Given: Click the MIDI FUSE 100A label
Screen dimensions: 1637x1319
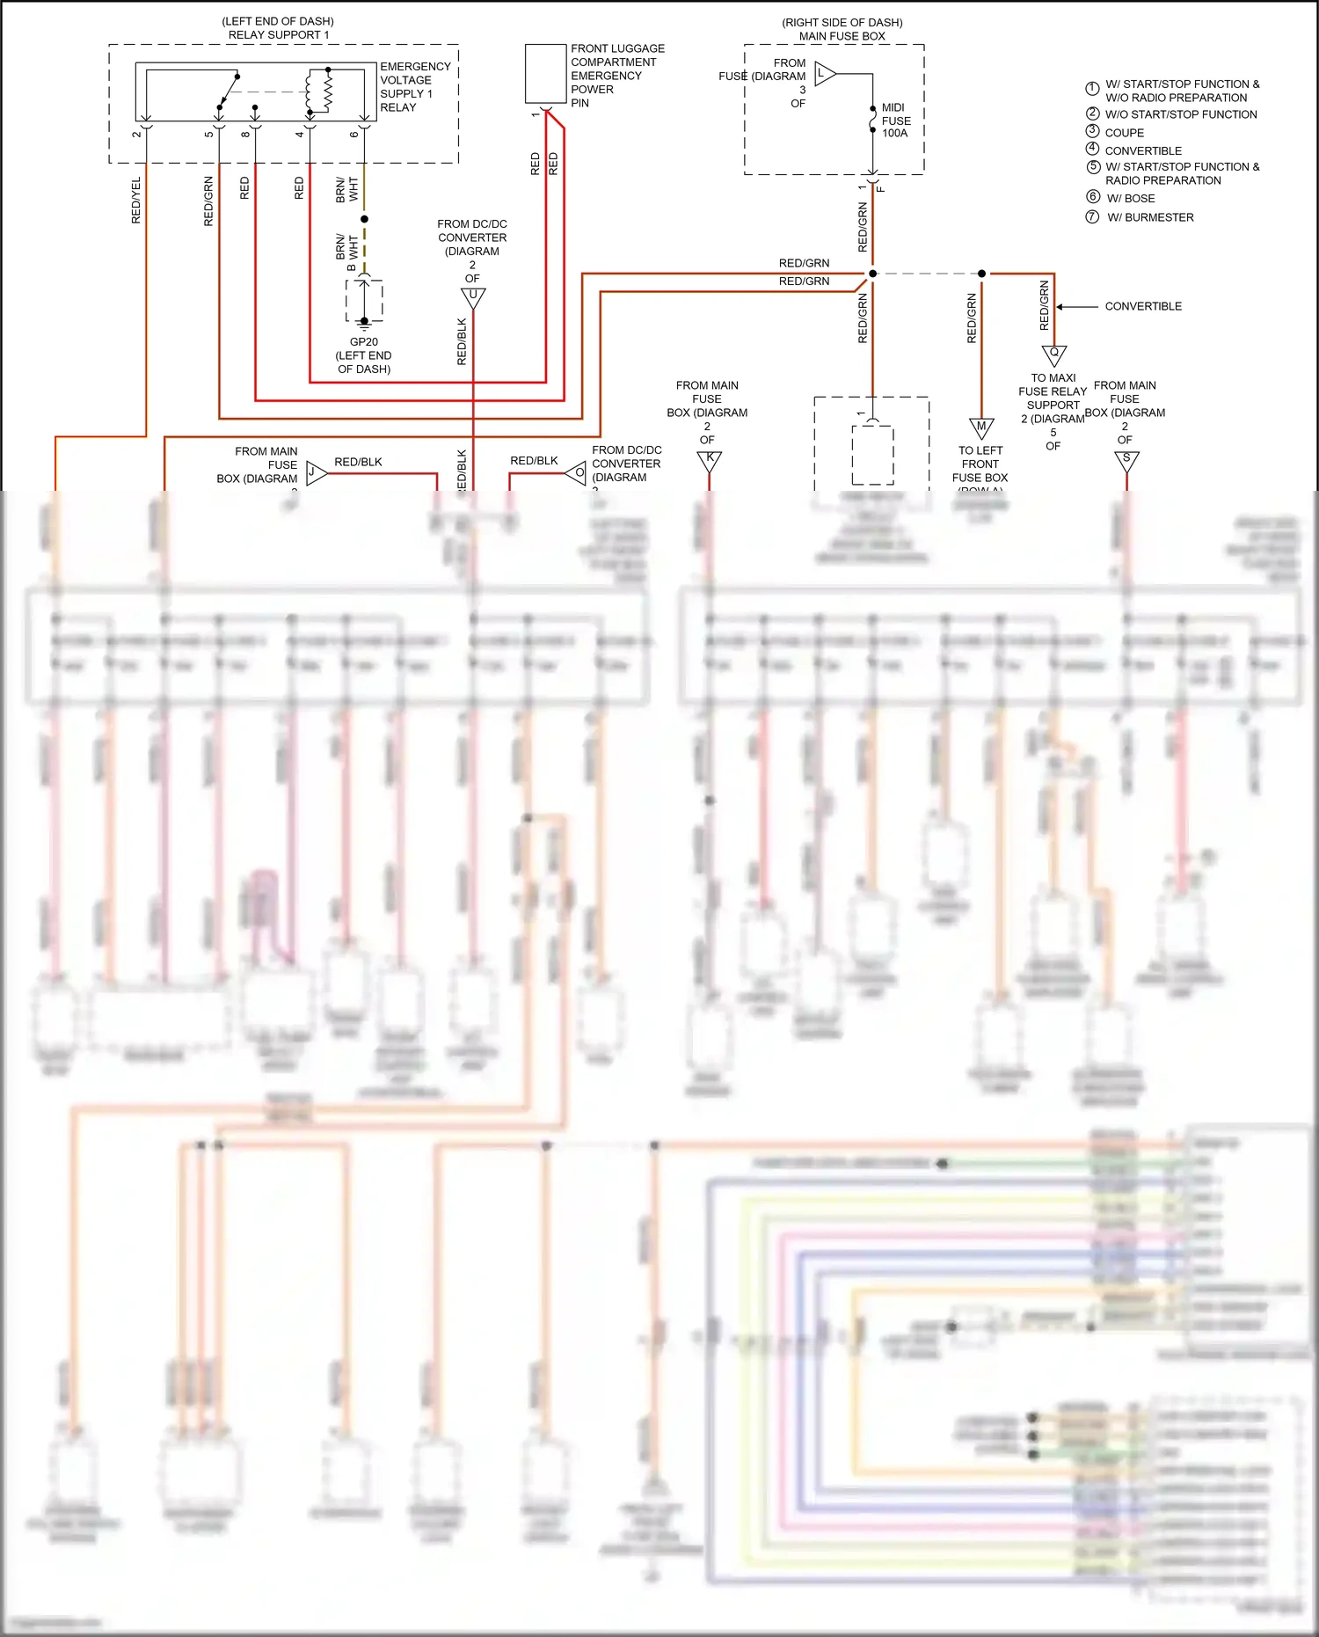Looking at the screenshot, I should pyautogui.click(x=896, y=121).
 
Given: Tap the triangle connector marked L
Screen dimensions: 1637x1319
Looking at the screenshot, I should pyautogui.click(x=824, y=74).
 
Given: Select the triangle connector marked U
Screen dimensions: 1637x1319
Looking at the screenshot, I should pyautogui.click(x=473, y=297).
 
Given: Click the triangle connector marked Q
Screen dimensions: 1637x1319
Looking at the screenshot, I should pyautogui.click(x=1054, y=354).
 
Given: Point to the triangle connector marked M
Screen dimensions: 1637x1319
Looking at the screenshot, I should pyautogui.click(x=981, y=428).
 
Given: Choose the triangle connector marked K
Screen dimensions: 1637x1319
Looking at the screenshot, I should pyautogui.click(x=710, y=460).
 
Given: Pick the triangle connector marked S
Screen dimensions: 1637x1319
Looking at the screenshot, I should pyautogui.click(x=1126, y=460).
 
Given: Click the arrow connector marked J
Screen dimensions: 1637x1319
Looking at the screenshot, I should pyautogui.click(x=315, y=473).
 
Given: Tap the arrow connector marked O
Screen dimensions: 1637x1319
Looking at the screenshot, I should pyautogui.click(x=576, y=473).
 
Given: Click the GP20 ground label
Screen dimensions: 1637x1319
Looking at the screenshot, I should pyautogui.click(x=363, y=342).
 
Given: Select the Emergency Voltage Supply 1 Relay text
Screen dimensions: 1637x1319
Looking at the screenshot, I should pyautogui.click(x=415, y=86).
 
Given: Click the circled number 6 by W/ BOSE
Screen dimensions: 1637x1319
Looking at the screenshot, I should pyautogui.click(x=1093, y=197).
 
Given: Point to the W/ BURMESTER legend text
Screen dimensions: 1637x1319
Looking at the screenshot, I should pyautogui.click(x=1150, y=217).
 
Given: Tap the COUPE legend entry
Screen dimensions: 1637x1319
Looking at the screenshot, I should pyautogui.click(x=1124, y=133).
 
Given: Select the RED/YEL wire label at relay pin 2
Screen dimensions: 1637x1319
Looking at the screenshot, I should pyautogui.click(x=136, y=200).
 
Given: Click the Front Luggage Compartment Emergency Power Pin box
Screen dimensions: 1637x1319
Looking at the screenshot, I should pyautogui.click(x=545, y=74).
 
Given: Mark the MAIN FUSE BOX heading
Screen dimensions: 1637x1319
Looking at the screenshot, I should pyautogui.click(x=842, y=36).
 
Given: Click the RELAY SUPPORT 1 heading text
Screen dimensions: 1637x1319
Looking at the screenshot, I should pyautogui.click(x=279, y=35).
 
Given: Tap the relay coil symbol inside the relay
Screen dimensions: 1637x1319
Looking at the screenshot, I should pyautogui.click(x=318, y=91).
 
